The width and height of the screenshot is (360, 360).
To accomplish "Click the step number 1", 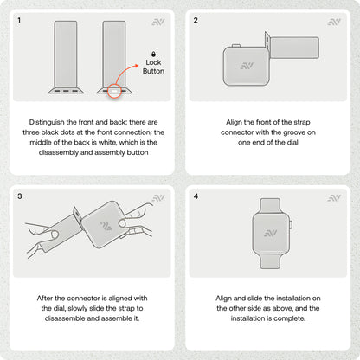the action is click(19, 20).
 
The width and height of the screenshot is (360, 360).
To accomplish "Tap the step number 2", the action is click(196, 20).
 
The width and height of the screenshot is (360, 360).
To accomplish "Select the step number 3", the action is click(20, 196).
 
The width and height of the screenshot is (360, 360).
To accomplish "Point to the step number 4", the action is click(196, 196).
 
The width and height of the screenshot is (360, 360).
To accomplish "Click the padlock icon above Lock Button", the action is click(153, 54).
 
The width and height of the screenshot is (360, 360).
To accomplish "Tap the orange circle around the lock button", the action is click(114, 91).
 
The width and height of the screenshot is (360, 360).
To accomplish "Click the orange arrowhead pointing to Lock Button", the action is click(137, 66).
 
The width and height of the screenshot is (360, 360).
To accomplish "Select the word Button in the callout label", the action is click(153, 71).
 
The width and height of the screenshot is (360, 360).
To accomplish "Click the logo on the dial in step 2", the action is click(247, 66).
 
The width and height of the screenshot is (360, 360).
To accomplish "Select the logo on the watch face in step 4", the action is click(271, 233).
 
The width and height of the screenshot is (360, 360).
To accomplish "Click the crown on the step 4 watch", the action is click(291, 225).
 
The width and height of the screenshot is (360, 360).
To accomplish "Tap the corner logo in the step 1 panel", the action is click(158, 22).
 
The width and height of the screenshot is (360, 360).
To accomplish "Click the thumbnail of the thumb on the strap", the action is click(55, 235).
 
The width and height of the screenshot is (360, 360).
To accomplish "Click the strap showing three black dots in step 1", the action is click(66, 57).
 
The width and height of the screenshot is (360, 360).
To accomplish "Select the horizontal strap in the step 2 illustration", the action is click(295, 48).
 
